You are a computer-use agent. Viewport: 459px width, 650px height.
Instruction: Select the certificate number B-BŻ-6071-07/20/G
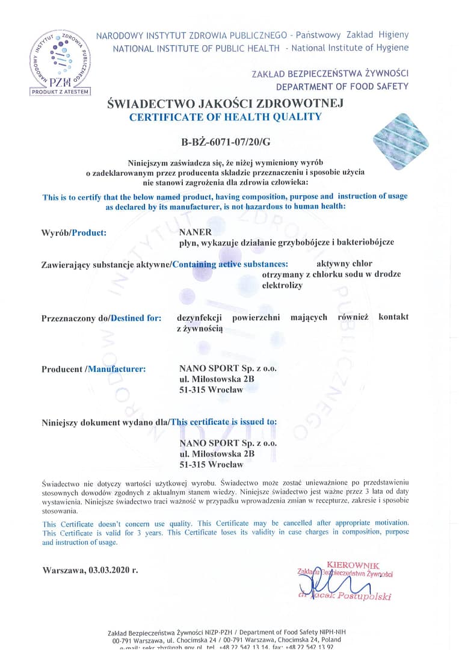point(221,143)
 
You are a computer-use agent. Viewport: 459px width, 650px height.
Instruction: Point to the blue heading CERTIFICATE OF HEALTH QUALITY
point(225,117)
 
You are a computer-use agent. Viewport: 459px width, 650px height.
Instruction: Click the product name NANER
point(192,231)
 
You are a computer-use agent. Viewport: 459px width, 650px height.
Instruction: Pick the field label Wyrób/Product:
point(74,232)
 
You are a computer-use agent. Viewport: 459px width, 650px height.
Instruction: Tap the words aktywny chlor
point(344,264)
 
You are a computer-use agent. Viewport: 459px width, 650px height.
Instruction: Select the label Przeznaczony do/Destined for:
point(101,318)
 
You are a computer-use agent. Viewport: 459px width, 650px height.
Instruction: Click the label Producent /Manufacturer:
point(93,369)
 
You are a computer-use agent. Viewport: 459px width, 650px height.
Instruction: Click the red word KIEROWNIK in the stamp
point(353,565)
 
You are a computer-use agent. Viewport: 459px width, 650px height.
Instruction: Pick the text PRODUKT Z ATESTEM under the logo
point(60,91)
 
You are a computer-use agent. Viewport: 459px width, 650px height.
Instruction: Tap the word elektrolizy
point(282,285)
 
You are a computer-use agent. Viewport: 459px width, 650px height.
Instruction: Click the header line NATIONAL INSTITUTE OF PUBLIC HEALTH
point(196,48)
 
